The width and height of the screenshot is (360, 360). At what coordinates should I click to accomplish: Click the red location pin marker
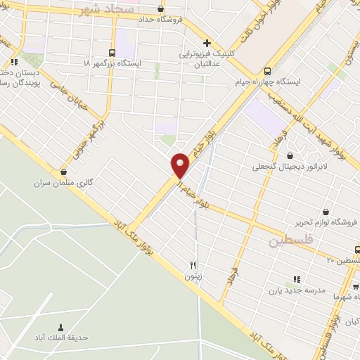[181, 163]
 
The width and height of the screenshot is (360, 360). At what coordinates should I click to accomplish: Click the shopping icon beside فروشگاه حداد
[162, 9]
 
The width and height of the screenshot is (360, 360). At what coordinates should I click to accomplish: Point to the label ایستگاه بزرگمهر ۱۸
[112, 63]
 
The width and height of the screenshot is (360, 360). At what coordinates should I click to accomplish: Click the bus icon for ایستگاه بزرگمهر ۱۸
[112, 53]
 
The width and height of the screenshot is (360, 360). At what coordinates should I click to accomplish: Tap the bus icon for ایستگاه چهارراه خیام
[267, 71]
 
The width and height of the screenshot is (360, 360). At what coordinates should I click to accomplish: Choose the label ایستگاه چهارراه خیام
[267, 82]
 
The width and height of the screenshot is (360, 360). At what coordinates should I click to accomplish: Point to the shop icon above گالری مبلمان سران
[64, 172]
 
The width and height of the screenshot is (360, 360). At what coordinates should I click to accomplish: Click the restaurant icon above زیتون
[193, 266]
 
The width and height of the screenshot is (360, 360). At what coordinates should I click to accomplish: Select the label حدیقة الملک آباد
[60, 337]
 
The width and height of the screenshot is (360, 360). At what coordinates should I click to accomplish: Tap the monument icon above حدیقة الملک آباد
[60, 327]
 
